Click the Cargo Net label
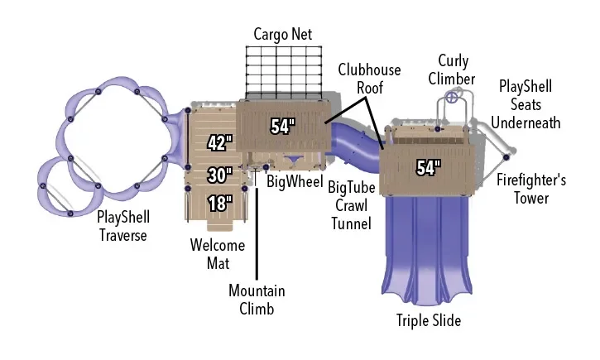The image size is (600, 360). (x=282, y=35)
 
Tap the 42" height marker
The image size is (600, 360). (x=220, y=143)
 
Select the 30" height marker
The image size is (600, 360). (x=220, y=175)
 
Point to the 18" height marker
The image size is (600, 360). (x=220, y=203)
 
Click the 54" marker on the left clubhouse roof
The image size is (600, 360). (x=283, y=127)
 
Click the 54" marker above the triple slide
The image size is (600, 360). (x=429, y=167)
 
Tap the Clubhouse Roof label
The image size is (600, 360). (x=369, y=79)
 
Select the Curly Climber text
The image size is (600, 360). (x=452, y=70)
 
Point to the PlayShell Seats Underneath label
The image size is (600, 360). (x=526, y=104)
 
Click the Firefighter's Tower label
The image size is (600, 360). (x=531, y=189)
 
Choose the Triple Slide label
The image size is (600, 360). (x=429, y=320)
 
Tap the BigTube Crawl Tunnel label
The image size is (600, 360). (x=351, y=205)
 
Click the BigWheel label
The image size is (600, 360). (x=295, y=181)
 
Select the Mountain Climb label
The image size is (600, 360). (x=257, y=300)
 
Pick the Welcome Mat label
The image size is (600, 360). (x=218, y=254)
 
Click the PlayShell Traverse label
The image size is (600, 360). (x=122, y=226)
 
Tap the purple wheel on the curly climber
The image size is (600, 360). (x=452, y=97)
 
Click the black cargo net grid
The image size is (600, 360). (x=284, y=73)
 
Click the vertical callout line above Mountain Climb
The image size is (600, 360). (x=257, y=233)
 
